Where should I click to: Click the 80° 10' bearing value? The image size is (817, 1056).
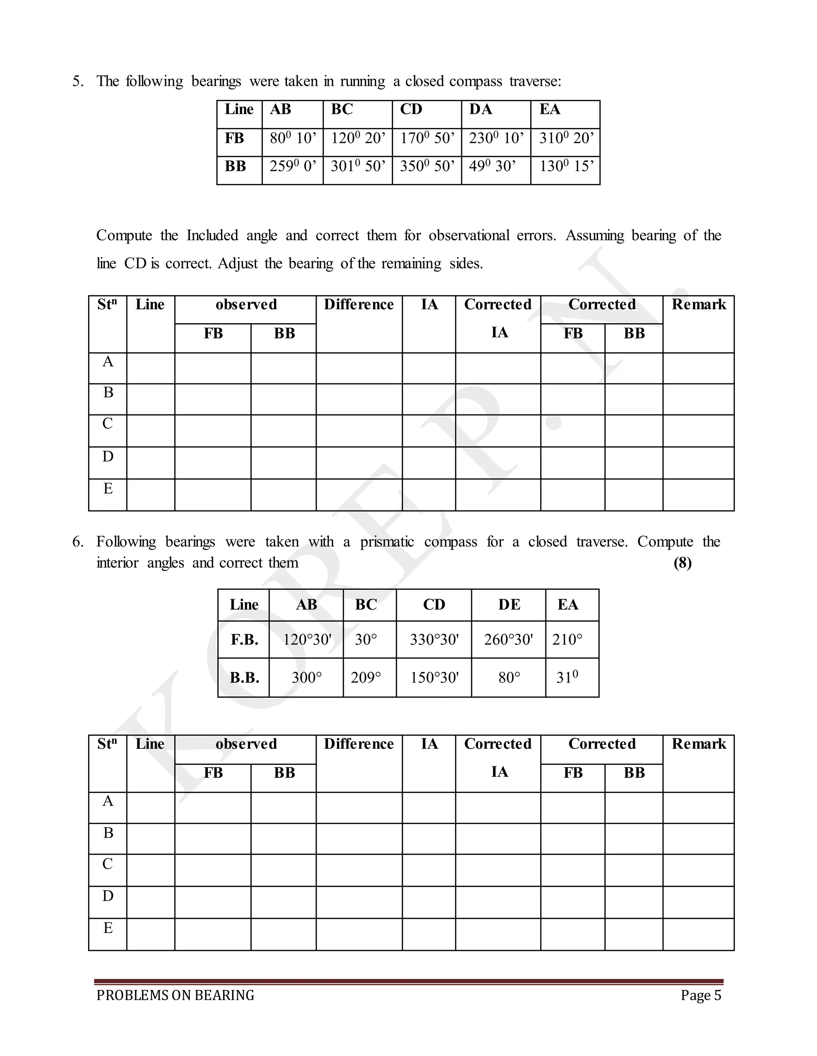click(292, 138)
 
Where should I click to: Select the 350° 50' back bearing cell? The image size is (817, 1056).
click(427, 166)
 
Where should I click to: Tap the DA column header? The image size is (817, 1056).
click(480, 109)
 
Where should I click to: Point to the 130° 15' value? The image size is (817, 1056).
click(566, 166)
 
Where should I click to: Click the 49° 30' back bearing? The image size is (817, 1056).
click(492, 166)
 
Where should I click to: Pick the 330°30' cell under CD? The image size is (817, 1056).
click(434, 640)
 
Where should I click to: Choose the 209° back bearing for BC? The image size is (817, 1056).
click(366, 677)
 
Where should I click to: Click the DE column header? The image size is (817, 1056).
click(509, 605)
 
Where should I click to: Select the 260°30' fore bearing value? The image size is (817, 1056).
click(508, 640)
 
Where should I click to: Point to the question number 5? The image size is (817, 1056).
click(77, 81)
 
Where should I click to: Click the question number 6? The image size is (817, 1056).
click(77, 542)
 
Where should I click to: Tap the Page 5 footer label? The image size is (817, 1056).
click(701, 995)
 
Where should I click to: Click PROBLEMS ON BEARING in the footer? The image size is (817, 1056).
click(175, 995)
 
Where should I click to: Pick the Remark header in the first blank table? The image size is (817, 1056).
click(699, 304)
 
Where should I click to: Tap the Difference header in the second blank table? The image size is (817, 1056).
click(359, 744)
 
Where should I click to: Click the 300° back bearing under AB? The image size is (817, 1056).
click(306, 677)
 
